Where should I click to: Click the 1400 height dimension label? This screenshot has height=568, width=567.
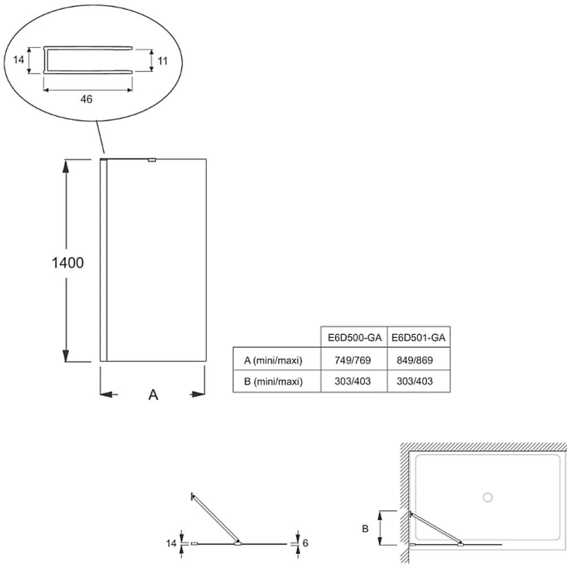point(67,263)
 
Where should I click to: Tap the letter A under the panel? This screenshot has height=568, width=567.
point(153,394)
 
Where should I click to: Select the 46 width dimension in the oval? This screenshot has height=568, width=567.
point(86,99)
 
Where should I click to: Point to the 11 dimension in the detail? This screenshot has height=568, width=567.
point(163,61)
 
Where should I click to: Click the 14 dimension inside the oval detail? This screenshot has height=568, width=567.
point(19,60)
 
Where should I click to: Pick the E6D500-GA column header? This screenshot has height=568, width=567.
point(354,338)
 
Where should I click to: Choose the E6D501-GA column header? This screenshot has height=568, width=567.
point(418,338)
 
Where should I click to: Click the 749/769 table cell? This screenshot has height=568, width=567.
point(353,360)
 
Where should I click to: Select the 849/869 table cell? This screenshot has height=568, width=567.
point(414,360)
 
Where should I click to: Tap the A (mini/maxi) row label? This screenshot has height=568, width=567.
point(273,360)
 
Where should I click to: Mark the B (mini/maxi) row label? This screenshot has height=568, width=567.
point(273,381)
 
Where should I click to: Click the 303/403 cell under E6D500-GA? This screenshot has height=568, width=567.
point(353,381)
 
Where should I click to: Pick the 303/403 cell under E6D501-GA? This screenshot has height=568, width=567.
point(414,381)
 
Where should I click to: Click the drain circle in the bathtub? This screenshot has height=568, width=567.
point(488,498)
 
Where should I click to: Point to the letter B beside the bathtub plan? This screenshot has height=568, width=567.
point(365,529)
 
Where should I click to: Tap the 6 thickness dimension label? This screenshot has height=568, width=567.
point(305,543)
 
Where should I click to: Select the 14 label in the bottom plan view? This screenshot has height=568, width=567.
point(171,544)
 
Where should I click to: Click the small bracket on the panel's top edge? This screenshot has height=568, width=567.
point(152,160)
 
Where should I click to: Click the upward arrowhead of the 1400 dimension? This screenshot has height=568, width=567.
point(66,165)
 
